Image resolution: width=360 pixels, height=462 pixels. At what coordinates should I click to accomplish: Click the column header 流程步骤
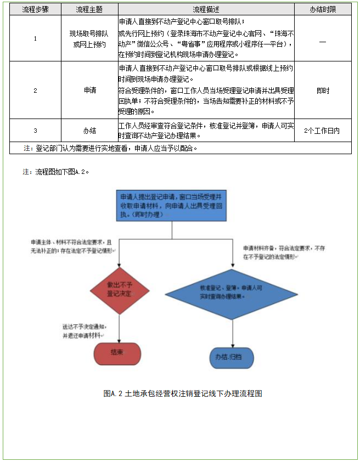point(35,10)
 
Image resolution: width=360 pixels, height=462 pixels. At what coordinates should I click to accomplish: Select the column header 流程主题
point(89,10)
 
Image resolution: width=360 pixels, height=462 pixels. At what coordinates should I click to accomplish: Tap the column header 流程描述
point(206,10)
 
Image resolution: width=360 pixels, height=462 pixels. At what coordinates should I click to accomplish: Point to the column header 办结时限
point(323,10)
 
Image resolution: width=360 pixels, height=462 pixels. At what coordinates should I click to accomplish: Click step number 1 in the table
point(35,38)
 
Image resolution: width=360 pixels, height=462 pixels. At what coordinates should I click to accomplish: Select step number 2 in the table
point(35,90)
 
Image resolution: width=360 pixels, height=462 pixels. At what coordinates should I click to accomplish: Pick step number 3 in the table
point(35,131)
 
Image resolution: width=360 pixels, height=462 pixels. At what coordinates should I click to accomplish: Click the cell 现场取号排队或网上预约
point(89,38)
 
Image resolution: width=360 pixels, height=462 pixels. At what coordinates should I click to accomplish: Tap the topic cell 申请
point(89,90)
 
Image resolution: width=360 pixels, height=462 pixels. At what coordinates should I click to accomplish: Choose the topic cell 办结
point(89,131)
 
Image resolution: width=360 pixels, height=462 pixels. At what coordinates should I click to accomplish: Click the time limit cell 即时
point(323,90)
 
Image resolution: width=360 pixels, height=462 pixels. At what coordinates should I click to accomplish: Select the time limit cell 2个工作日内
point(323,131)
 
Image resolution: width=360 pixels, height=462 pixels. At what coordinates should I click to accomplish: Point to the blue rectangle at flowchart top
point(172,205)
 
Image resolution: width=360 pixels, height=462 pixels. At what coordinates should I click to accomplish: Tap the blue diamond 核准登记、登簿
point(233,291)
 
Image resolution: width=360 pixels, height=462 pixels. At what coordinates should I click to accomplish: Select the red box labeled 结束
point(117,353)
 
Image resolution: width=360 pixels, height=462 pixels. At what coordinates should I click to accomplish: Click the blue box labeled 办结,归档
point(232,357)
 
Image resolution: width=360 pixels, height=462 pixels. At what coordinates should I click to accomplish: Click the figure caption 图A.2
point(183,393)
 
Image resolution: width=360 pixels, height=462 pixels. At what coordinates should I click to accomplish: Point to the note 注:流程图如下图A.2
point(56,171)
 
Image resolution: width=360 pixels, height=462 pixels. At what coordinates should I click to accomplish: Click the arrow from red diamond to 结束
point(119,328)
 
